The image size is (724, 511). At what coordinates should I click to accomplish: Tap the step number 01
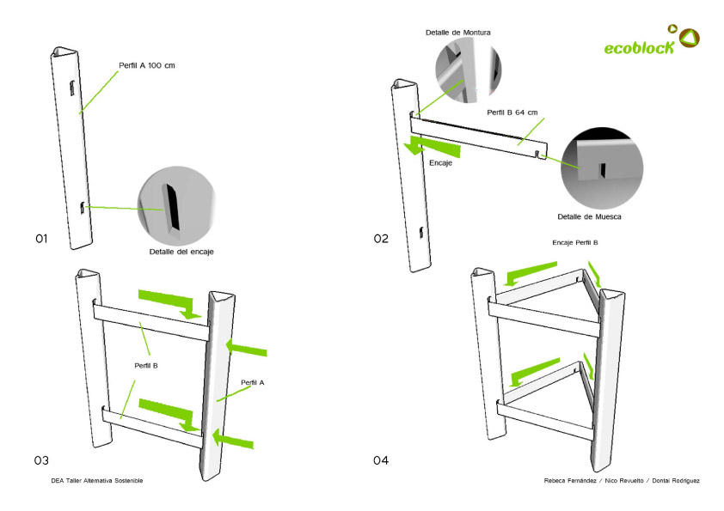pyautogui.click(x=41, y=238)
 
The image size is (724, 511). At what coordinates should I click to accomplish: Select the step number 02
pyautogui.click(x=381, y=238)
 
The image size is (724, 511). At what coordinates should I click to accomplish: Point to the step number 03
pyautogui.click(x=41, y=460)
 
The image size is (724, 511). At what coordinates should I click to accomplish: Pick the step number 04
pyautogui.click(x=381, y=460)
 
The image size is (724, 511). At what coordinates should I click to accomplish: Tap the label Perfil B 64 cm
pyautogui.click(x=512, y=113)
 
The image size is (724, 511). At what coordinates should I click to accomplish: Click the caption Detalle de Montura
pyautogui.click(x=457, y=33)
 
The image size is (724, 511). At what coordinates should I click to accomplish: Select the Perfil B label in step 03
pyautogui.click(x=146, y=365)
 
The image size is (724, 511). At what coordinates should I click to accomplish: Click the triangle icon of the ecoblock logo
pyautogui.click(x=690, y=37)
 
